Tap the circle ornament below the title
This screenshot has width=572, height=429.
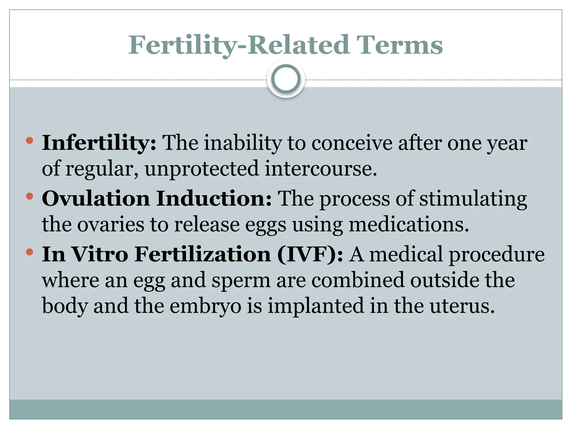point(286,79)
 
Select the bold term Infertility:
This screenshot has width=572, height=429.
point(99,143)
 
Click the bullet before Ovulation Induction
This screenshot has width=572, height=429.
point(29,196)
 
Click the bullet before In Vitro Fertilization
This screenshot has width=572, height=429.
point(29,252)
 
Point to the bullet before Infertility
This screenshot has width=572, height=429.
point(29,140)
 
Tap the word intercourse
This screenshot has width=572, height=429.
point(321,169)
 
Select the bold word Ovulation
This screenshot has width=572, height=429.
point(96,199)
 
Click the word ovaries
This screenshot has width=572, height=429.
point(110,225)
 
